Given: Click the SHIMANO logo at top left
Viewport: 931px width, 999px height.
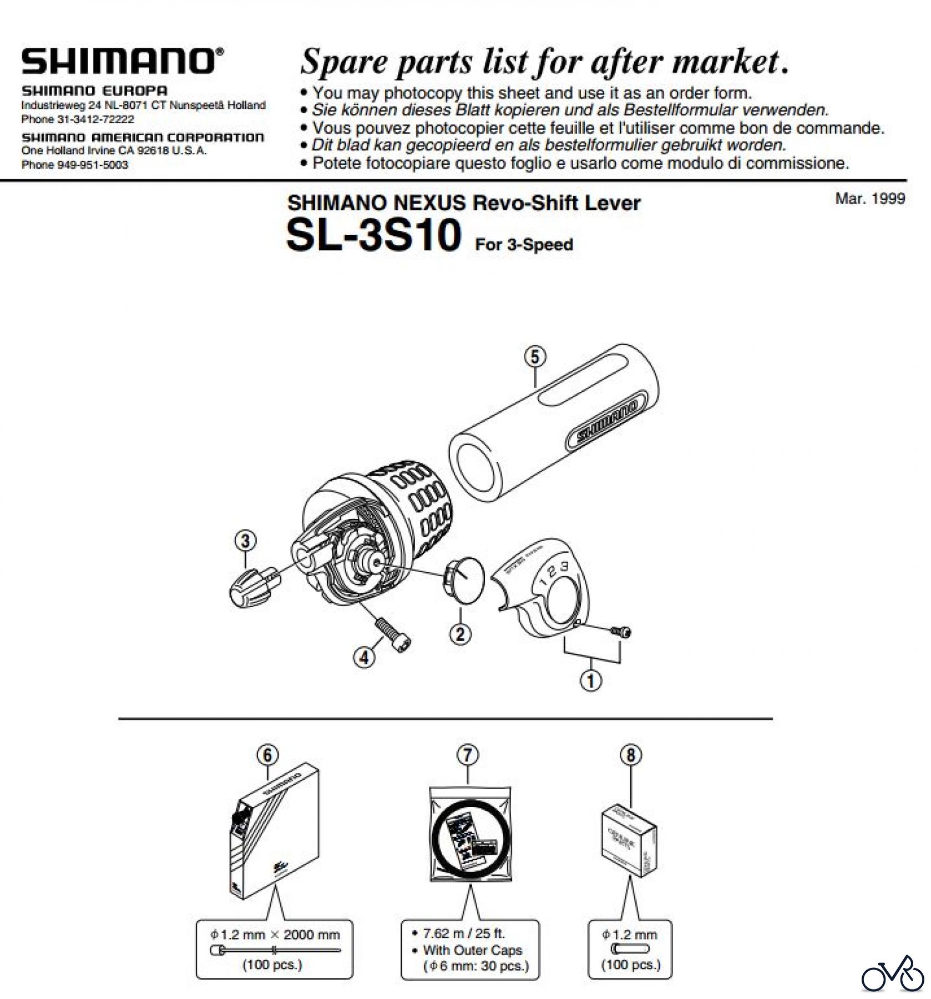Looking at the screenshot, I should (123, 62).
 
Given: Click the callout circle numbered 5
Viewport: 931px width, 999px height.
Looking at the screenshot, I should (535, 356).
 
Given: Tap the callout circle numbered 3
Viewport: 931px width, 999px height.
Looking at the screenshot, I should (246, 540).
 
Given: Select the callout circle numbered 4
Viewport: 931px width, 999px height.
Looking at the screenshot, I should (364, 658).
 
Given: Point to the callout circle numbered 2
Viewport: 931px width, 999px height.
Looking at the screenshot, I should (460, 634).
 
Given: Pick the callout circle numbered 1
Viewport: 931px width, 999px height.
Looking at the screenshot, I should (591, 680).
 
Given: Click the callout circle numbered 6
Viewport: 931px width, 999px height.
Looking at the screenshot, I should (267, 755).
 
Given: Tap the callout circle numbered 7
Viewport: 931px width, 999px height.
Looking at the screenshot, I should (468, 755).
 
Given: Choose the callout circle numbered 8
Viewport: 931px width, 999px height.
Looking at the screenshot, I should (631, 755).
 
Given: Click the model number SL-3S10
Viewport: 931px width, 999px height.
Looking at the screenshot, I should (373, 235).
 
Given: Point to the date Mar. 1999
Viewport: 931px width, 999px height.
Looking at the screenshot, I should (870, 199).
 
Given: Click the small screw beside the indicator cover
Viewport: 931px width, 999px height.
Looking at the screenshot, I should (621, 630).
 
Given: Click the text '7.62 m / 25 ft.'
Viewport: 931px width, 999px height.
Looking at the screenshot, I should (464, 933).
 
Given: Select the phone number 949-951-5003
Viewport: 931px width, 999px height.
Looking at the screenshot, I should (93, 165).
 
